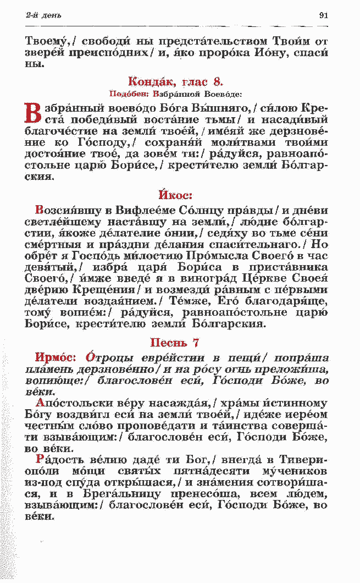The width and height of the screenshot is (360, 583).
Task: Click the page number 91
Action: pyautogui.click(x=323, y=15)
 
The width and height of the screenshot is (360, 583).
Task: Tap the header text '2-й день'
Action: pyautogui.click(x=43, y=15)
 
